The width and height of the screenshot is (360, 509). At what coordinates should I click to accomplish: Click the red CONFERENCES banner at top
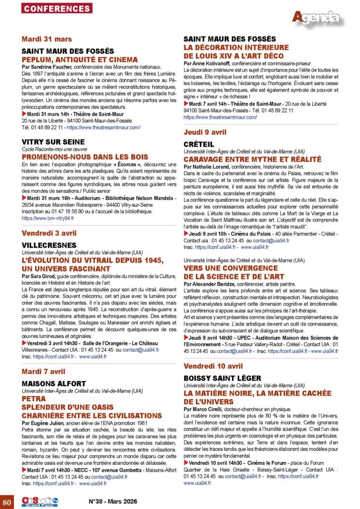(x=57, y=8)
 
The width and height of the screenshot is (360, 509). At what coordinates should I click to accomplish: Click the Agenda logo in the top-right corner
(x=316, y=18)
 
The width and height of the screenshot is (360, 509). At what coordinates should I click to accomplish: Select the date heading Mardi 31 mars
(x=47, y=39)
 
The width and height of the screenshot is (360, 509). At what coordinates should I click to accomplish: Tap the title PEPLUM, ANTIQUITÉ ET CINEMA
(x=80, y=60)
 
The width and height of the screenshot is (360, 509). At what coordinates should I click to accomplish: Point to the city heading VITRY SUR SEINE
(x=53, y=142)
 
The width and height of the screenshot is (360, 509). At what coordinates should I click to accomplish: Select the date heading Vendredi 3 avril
(x=49, y=233)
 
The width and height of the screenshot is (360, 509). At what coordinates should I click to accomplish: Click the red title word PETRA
(x=34, y=399)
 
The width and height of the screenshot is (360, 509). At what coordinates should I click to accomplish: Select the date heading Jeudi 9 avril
(x=205, y=132)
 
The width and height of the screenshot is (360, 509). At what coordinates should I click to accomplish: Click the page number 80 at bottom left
(x=7, y=501)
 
